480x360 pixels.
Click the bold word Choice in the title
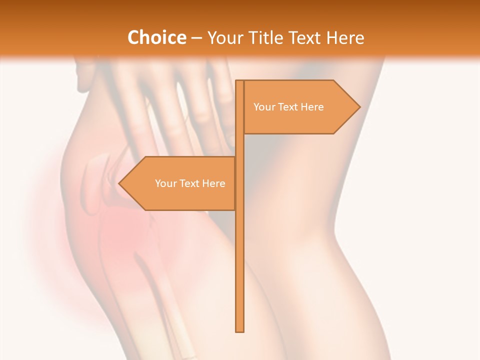[x=156, y=37]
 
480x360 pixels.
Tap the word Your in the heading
[x=225, y=38]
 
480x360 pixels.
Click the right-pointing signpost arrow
[x=300, y=107]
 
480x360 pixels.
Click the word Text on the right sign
[x=288, y=107]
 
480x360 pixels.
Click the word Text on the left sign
[x=190, y=183]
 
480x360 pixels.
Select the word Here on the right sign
[x=312, y=107]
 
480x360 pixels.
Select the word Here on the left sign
[x=213, y=183]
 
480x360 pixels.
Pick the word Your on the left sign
[x=165, y=183]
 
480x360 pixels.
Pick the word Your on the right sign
[x=264, y=107]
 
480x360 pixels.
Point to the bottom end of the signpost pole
[x=239, y=330]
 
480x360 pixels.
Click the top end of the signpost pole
[x=239, y=82]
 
